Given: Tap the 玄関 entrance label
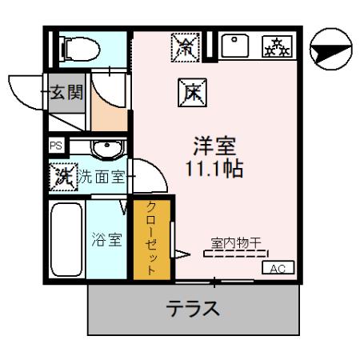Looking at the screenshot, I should pos(65,91).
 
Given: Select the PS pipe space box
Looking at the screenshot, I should pos(55,146).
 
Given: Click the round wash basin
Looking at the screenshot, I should pos(103,149).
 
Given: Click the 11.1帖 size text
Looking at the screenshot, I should pos(214,170).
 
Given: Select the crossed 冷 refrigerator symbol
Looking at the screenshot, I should pos(183,48).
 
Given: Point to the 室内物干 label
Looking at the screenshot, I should pos(237,242).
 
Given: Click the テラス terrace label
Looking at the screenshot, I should pos(193,309).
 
